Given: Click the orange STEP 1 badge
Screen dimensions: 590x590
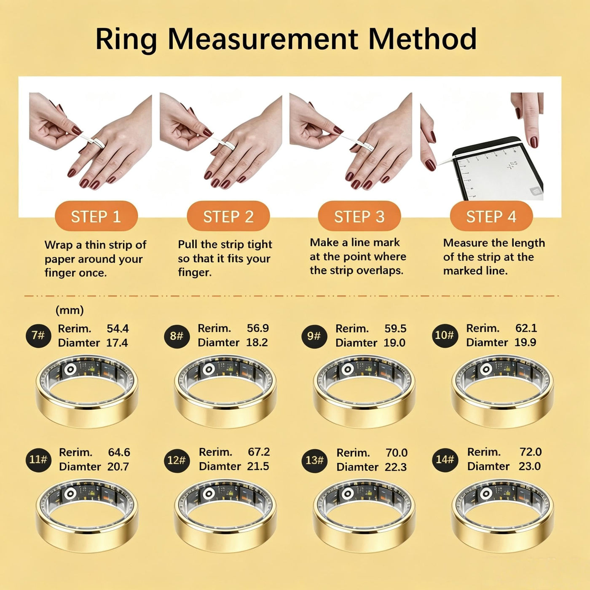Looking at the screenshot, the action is (96, 216).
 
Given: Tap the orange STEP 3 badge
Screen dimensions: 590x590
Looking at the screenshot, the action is (359, 216).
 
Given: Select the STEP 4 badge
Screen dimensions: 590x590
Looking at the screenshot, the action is (491, 216).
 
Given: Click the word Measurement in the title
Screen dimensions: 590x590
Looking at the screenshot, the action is (263, 39).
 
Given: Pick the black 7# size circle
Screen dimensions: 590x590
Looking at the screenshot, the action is (38, 335).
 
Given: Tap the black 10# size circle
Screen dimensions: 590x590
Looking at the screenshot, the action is (444, 335).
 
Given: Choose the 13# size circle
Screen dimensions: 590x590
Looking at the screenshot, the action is (314, 460).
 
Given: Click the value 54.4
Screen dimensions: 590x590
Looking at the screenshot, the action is (118, 329).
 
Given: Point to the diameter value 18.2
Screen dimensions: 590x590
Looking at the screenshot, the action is (257, 342).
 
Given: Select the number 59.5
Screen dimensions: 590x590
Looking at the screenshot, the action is (395, 329).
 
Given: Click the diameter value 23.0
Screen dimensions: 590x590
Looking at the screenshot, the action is (530, 466).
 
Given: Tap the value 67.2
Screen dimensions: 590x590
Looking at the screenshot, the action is (259, 452).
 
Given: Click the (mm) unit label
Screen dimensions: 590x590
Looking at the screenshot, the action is (70, 311).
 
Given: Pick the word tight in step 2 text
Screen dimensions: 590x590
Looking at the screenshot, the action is (260, 245).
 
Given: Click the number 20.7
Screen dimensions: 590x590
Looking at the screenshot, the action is (118, 467).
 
